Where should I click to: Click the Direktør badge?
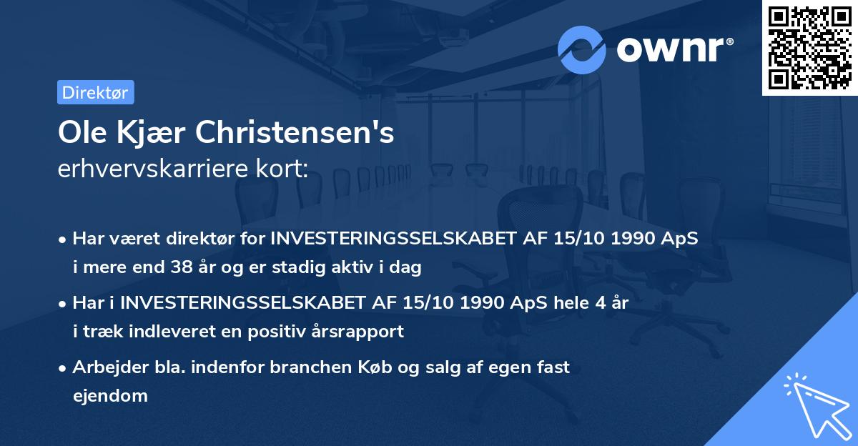tap(95, 92)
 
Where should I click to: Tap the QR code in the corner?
tap(809, 47)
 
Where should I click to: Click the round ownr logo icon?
tap(581, 49)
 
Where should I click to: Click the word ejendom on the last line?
tap(109, 395)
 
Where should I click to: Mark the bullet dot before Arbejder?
tap(63, 367)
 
